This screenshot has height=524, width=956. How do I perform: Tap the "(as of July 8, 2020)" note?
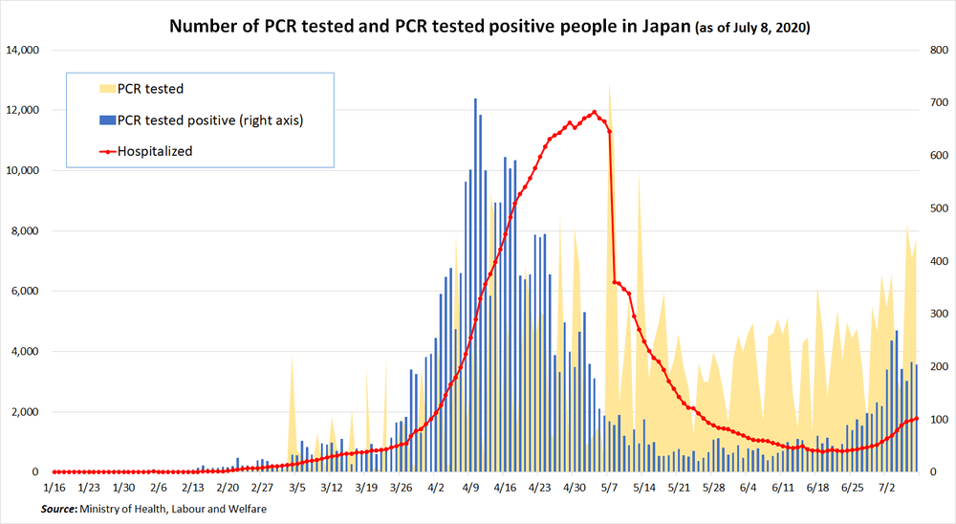(x=750, y=28)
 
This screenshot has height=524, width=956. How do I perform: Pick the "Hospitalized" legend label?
(x=155, y=151)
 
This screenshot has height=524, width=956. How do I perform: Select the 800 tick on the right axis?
(x=934, y=50)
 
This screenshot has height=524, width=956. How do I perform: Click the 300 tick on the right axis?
(x=934, y=314)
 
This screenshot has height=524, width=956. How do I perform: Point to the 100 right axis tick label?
(x=934, y=419)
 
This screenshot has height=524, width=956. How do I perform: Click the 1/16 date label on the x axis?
(x=54, y=487)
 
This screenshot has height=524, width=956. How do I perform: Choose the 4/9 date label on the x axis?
(x=471, y=487)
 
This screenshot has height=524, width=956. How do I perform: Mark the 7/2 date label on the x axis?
(x=887, y=487)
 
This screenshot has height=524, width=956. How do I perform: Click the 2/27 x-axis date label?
(x=263, y=487)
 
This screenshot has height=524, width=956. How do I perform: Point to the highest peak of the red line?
(x=595, y=112)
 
